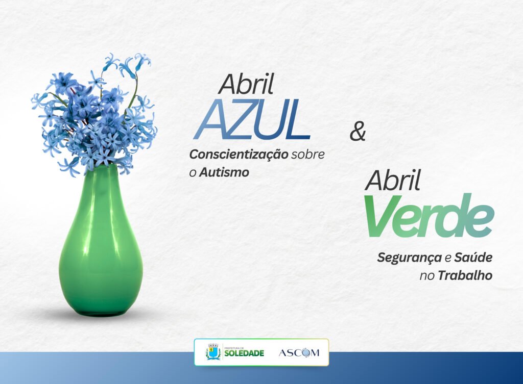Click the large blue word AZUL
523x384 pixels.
point(252,119)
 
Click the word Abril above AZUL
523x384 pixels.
point(246,84)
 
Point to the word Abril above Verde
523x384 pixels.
point(393,180)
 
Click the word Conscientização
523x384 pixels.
point(239,155)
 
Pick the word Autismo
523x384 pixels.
point(224,172)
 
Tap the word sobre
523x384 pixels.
point(308,155)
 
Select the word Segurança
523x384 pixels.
point(409,258)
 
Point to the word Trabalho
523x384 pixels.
point(465,275)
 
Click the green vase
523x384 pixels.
point(101,243)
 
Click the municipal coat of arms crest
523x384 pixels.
point(213,352)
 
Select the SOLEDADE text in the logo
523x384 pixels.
point(244,353)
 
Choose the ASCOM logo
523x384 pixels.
point(299,353)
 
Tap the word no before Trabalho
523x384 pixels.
point(427,276)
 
